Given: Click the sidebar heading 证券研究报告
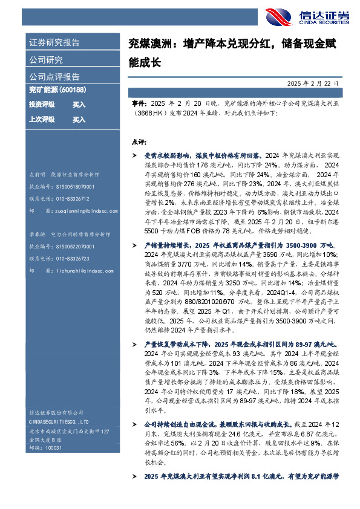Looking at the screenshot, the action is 54,43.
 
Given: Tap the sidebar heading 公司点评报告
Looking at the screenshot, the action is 54,77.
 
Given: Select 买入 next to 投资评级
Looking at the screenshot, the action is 79,105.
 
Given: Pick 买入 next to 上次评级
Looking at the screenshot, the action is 79,120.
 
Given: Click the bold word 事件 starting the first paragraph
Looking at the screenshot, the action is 138,104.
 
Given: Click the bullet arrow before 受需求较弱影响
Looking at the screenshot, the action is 134,157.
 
